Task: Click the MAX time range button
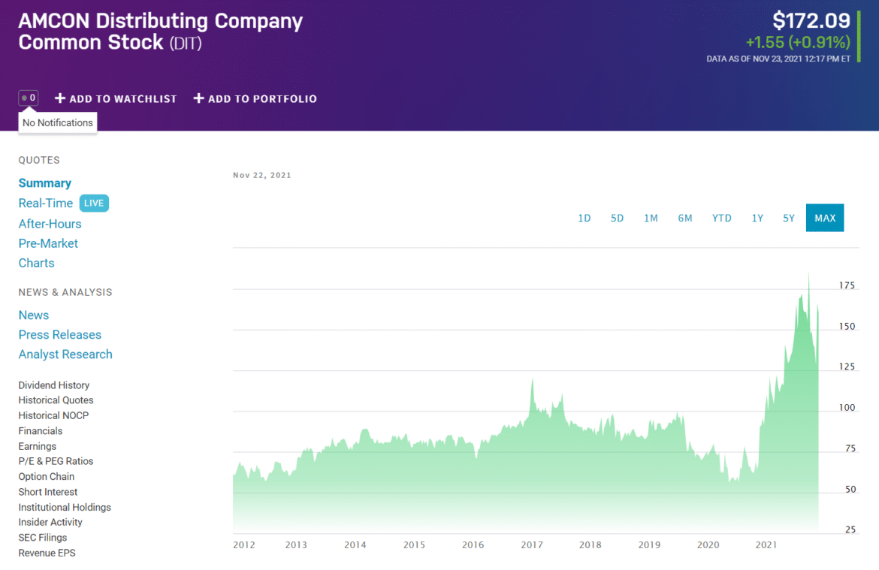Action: pyautogui.click(x=824, y=218)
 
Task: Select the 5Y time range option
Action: pyautogui.click(x=788, y=218)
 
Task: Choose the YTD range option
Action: pyautogui.click(x=721, y=218)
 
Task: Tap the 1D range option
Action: pyautogui.click(x=584, y=218)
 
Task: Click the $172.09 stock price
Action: pyautogui.click(x=811, y=20)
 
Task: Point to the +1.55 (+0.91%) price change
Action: pyautogui.click(x=798, y=42)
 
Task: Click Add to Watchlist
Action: pyautogui.click(x=116, y=98)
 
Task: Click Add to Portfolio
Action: pyautogui.click(x=255, y=98)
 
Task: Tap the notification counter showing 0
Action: pyautogui.click(x=29, y=98)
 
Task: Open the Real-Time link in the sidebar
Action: pyautogui.click(x=46, y=203)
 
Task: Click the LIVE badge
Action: pyautogui.click(x=94, y=203)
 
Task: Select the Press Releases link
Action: pyautogui.click(x=60, y=335)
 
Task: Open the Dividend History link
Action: pyautogui.click(x=54, y=385)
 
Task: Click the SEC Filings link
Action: pyautogui.click(x=43, y=538)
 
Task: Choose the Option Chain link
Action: pyautogui.click(x=47, y=476)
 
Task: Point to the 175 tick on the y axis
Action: pyautogui.click(x=847, y=285)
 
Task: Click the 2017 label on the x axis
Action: pyautogui.click(x=532, y=545)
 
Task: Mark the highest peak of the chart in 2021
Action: pyautogui.click(x=808, y=275)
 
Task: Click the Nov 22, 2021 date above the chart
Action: pyautogui.click(x=262, y=175)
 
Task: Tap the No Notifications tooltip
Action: pyautogui.click(x=58, y=122)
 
